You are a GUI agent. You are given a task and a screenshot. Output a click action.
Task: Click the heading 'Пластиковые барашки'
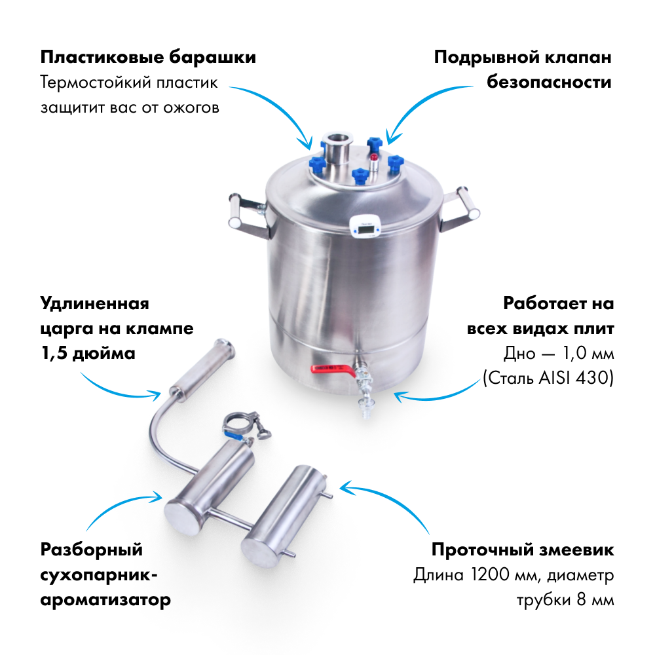tap(148, 57)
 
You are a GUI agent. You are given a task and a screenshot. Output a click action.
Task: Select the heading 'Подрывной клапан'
tap(523, 57)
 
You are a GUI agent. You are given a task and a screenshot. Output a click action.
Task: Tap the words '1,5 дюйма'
tap(88, 354)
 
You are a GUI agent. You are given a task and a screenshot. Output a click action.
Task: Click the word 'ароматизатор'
tap(105, 600)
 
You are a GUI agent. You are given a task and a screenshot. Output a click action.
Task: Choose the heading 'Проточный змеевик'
tap(523, 550)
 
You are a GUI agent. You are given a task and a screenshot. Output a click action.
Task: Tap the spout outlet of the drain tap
tap(366, 412)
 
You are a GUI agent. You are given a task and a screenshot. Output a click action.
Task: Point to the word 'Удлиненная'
tap(94, 304)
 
